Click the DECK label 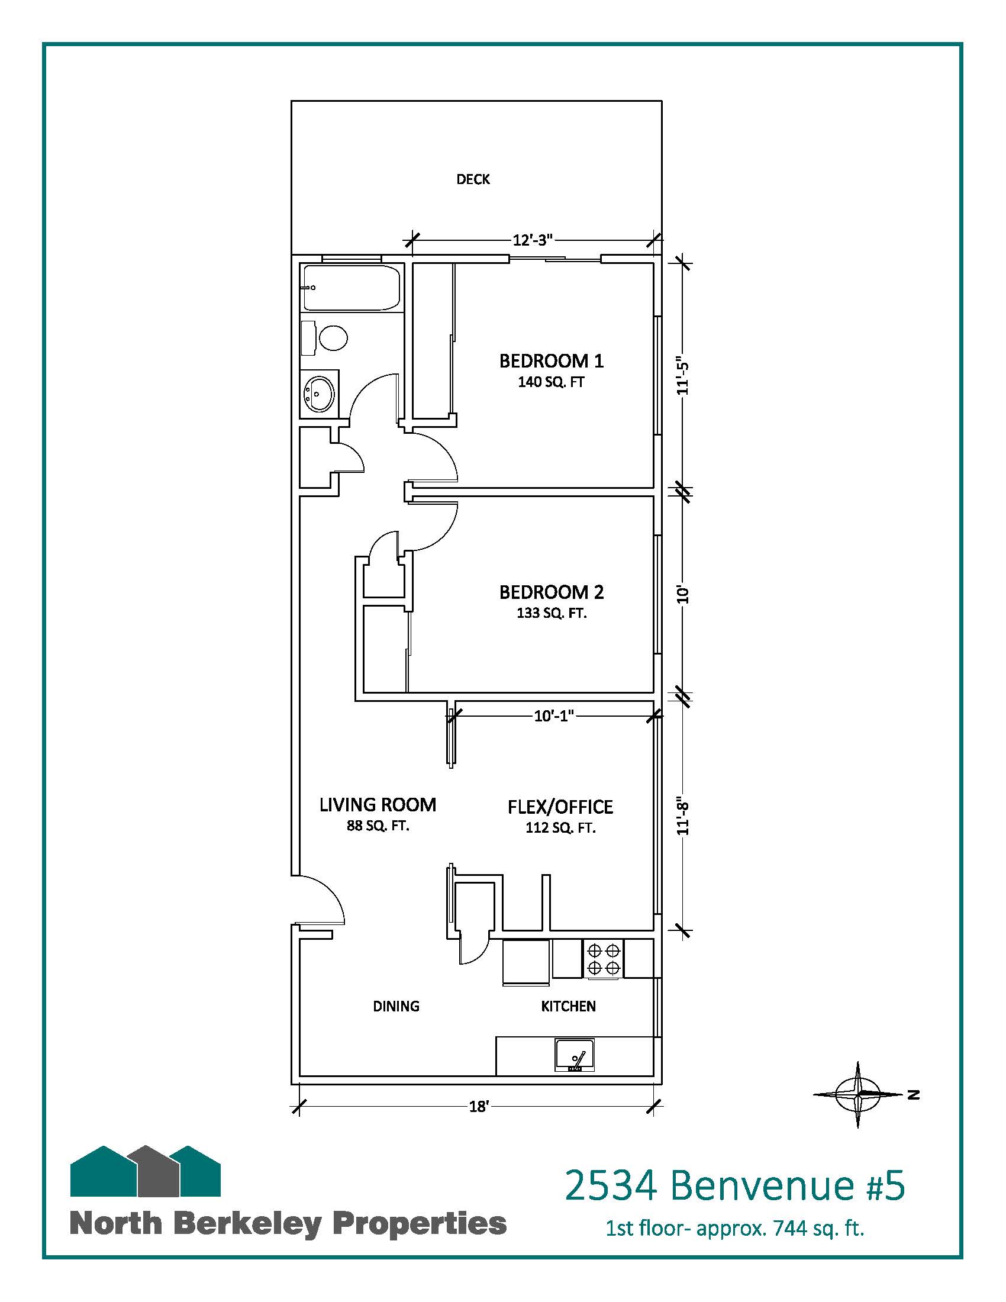click(x=473, y=179)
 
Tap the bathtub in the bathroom click(x=352, y=288)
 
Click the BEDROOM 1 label click(x=552, y=360)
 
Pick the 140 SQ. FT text click(x=552, y=382)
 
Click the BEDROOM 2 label click(x=552, y=592)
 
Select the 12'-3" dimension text click(x=533, y=240)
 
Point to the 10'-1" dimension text click(x=554, y=716)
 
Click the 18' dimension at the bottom click(x=479, y=1107)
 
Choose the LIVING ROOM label click(x=378, y=805)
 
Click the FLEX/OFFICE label click(x=560, y=807)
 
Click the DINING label click(x=396, y=1006)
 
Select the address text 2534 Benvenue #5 click(x=734, y=1185)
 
